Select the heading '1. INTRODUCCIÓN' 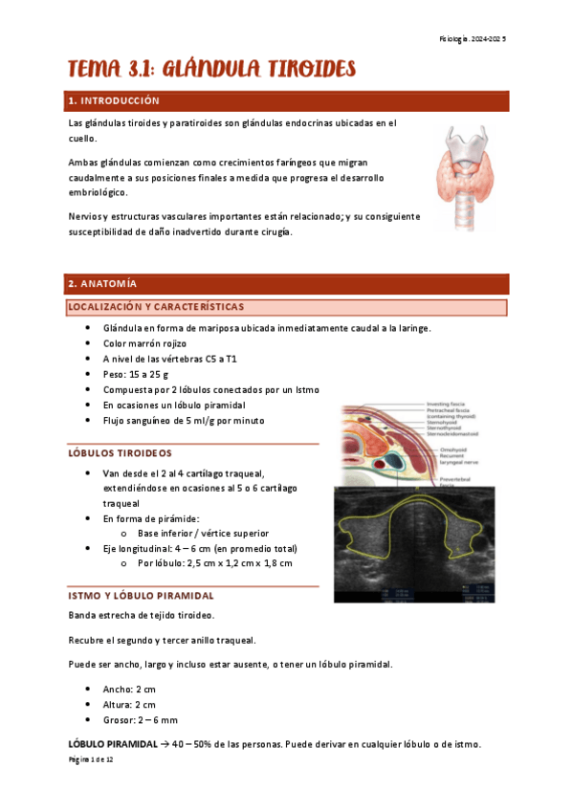pos(112,100)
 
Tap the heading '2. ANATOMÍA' pos(101,284)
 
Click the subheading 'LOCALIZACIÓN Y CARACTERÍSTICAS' pos(155,307)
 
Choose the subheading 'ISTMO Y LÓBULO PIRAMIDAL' pos(140,595)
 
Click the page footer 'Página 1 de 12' pos(91,758)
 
